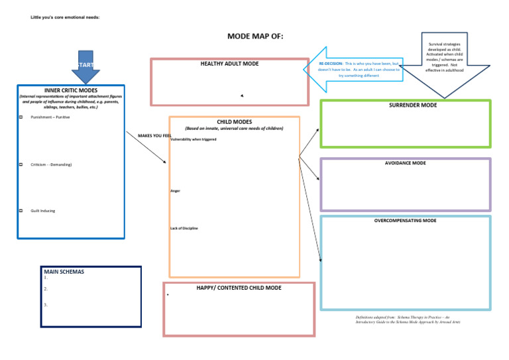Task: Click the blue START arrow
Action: pyautogui.click(x=85, y=66)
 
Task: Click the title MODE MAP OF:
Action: pyautogui.click(x=255, y=36)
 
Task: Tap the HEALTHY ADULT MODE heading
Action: pyautogui.click(x=229, y=64)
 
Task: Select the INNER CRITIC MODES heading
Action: pyautogui.click(x=71, y=91)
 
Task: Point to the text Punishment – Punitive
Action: pyautogui.click(x=50, y=117)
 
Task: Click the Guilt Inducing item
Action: pyautogui.click(x=43, y=211)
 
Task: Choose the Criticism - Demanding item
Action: pyautogui.click(x=52, y=164)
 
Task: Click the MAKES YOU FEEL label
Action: pyautogui.click(x=154, y=136)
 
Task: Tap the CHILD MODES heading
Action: pyautogui.click(x=234, y=122)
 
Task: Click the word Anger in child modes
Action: pyautogui.click(x=175, y=191)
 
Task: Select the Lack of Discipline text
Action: pyautogui.click(x=184, y=228)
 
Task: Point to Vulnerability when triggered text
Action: pyautogui.click(x=194, y=140)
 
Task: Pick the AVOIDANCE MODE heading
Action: pyautogui.click(x=406, y=163)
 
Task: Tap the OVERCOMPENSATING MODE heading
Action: pyautogui.click(x=405, y=220)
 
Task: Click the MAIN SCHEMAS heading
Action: pyautogui.click(x=64, y=272)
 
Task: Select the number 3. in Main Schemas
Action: pyautogui.click(x=46, y=305)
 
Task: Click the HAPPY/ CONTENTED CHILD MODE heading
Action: pyautogui.click(x=239, y=288)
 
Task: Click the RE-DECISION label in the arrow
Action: pyautogui.click(x=330, y=63)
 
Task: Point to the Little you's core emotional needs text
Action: pyautogui.click(x=66, y=17)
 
